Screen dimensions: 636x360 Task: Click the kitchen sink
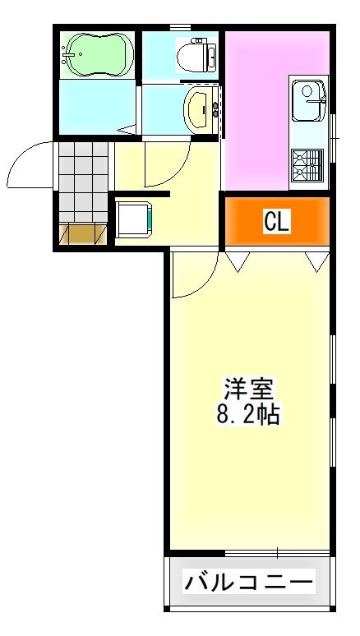tap(309, 97)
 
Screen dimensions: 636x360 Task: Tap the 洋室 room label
tap(248, 387)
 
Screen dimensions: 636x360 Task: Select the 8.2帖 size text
tap(248, 413)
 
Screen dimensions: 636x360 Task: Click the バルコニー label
tap(248, 583)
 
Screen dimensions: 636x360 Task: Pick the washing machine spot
tap(132, 219)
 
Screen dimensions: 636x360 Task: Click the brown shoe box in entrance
tap(82, 234)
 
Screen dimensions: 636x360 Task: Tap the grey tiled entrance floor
tap(82, 181)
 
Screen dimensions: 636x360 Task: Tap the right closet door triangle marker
tap(316, 261)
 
